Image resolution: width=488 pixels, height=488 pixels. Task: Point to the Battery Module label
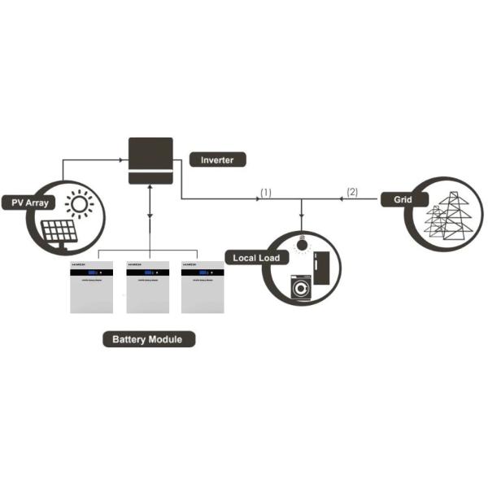tap(149, 339)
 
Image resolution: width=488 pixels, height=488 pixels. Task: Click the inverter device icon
tap(150, 162)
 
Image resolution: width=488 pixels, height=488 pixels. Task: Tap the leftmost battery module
tap(92, 287)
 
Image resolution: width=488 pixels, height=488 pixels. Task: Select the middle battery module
tap(147, 287)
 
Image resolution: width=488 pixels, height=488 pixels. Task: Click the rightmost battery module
tap(201, 287)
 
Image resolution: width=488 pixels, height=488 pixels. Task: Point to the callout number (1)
tap(265, 192)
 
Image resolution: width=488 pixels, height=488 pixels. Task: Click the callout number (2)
tap(351, 192)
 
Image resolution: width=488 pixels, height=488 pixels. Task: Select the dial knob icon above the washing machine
tap(302, 244)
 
